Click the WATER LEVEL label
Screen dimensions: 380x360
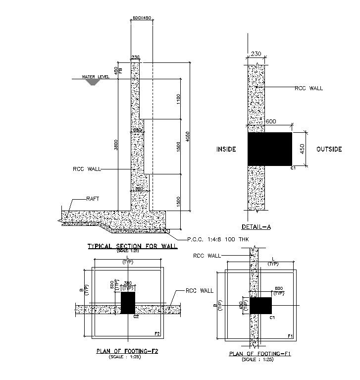coord(96,77)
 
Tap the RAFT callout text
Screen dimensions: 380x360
coord(93,199)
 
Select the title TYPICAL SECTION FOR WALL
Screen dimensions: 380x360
coord(132,246)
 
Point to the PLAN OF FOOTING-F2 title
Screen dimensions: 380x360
coord(127,351)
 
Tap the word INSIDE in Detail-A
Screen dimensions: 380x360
coord(226,149)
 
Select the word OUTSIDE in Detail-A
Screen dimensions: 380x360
coord(329,149)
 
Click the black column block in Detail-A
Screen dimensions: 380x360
coord(269,149)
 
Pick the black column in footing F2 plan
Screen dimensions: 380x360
coord(128,302)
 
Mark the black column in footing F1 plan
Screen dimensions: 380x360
coord(260,305)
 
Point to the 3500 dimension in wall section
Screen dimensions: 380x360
coord(116,145)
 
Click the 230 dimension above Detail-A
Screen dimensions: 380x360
coord(256,54)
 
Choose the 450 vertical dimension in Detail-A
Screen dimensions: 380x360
coord(302,149)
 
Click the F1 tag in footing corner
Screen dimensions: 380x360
coord(291,336)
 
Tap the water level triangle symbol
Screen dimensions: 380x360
coord(92,82)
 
